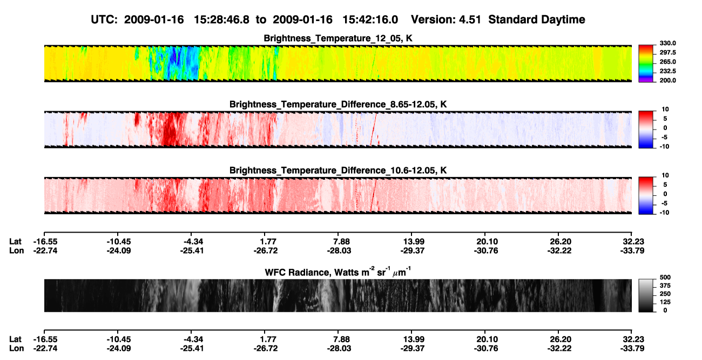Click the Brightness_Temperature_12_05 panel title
pos(338,38)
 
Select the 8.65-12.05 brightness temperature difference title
pos(338,104)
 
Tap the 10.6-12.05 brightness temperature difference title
pos(338,171)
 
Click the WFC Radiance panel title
pos(338,272)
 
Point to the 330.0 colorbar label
pos(667,43)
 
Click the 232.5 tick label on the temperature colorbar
pos(667,71)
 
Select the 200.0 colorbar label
pos(667,80)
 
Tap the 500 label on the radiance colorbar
pos(665,277)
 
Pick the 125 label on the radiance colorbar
pos(665,302)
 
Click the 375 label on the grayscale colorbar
pos(665,286)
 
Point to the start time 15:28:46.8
pos(221,19)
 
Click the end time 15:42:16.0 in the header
pos(370,19)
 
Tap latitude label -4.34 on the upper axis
pos(192,242)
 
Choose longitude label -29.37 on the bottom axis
pos(412,349)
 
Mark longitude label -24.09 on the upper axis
pos(118,250)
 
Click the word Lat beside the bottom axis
pos(15,339)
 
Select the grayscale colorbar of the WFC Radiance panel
pos(646,295)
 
